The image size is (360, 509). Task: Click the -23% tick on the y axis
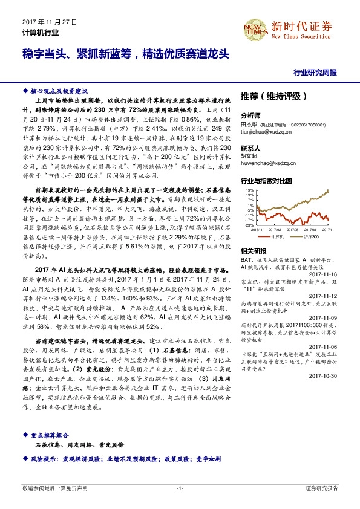click(x=249, y=225)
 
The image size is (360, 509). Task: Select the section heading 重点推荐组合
click(x=51, y=435)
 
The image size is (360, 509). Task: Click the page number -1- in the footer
click(x=180, y=487)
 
